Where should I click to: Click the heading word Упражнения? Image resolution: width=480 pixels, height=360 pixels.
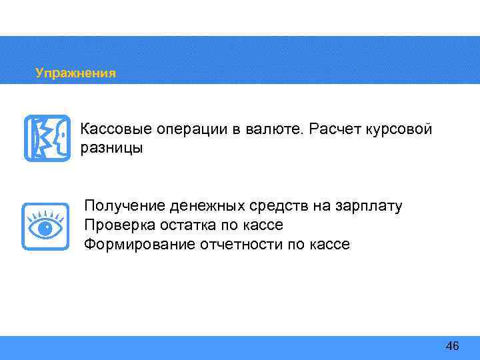(x=75, y=73)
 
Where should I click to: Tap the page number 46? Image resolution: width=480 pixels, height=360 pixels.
(x=452, y=345)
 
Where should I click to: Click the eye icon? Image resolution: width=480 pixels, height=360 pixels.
(x=45, y=227)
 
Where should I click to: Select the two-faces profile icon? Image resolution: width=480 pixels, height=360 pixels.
(x=47, y=138)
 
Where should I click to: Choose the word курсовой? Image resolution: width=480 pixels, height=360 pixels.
(x=399, y=129)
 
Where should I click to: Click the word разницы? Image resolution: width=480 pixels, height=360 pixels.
(x=111, y=147)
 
